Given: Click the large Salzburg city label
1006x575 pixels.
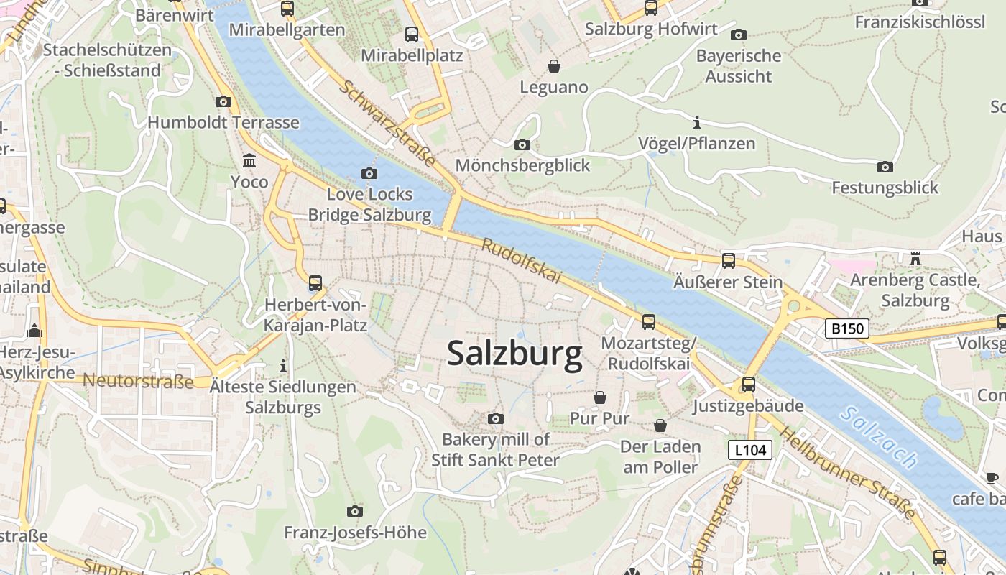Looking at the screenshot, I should click(514, 354).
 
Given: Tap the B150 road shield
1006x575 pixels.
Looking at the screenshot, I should click(846, 328).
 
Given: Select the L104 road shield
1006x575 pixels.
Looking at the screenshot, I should click(749, 450).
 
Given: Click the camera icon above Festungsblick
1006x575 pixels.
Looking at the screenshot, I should click(885, 167).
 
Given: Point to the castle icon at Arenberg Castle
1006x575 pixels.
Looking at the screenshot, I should click(915, 258).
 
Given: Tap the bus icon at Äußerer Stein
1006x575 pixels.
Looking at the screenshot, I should click(729, 260).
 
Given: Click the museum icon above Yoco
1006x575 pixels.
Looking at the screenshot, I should click(249, 160).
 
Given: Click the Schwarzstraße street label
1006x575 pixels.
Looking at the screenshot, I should click(387, 123).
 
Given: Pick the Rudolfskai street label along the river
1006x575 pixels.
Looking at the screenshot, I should click(521, 261).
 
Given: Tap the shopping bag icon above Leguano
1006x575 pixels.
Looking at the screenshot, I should click(554, 66).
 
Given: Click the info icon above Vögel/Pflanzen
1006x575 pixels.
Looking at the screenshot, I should click(696, 122).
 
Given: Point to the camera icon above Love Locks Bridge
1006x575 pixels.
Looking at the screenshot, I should click(369, 173).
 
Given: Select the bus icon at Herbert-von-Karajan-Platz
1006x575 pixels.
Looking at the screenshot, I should click(315, 282).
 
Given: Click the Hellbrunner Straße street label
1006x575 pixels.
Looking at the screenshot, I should click(848, 472).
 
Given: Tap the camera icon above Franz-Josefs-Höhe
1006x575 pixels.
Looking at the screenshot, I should click(354, 511).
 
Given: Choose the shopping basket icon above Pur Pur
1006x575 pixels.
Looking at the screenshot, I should click(599, 397).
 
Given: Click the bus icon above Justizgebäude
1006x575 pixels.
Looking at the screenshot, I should click(749, 385).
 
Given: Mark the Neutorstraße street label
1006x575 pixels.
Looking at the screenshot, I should click(138, 381).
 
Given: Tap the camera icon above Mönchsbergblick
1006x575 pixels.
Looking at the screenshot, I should click(522, 144).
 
